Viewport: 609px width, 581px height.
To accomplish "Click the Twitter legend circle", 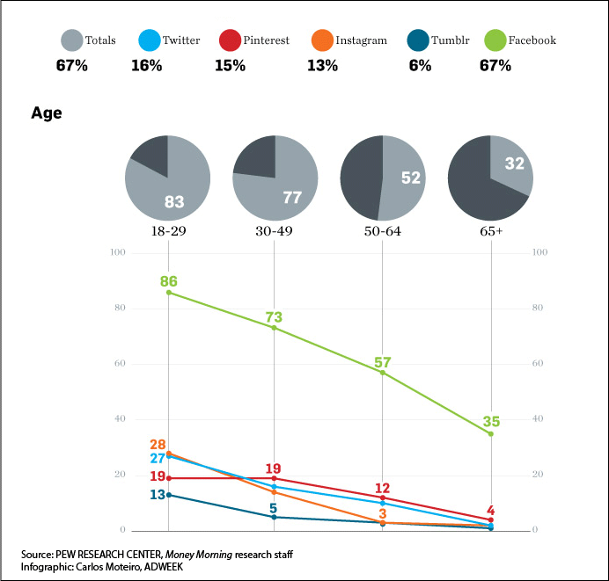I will coord(150,40).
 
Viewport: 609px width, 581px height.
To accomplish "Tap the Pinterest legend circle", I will coord(231,40).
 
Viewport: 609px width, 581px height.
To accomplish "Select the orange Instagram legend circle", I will coord(323,40).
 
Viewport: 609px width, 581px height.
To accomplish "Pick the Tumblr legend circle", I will coord(417,40).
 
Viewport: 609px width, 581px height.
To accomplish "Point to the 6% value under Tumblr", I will coord(419,66).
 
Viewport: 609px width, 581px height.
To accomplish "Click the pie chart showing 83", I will coord(167,178).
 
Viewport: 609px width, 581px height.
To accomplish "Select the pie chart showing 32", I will coord(490,178).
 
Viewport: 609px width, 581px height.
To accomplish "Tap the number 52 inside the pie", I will coord(411,178).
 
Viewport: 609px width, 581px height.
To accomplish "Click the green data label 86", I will coord(168,281).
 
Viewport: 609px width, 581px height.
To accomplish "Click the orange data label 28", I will coord(158,445).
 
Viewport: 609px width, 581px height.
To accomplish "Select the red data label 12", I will coord(382,488).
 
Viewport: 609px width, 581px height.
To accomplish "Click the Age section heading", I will coord(47,113).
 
